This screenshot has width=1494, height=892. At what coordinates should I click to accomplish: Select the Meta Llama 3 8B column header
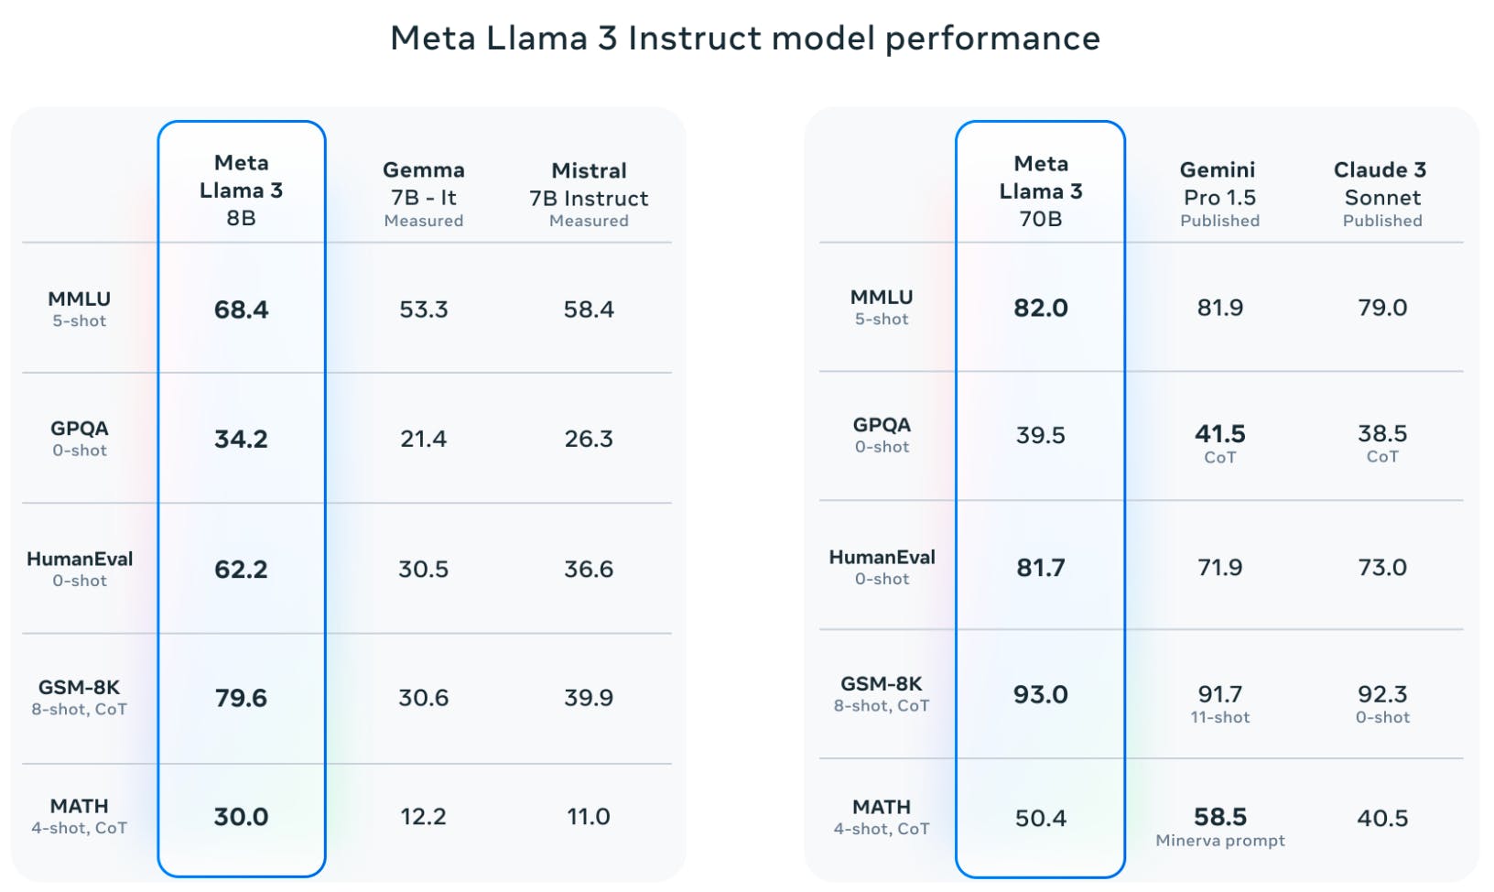pyautogui.click(x=241, y=190)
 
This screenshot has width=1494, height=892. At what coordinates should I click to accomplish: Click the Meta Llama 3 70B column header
pyautogui.click(x=1041, y=191)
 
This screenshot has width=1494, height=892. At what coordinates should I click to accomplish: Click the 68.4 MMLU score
pyautogui.click(x=241, y=310)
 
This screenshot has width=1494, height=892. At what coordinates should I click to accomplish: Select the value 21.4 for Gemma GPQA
pyautogui.click(x=423, y=439)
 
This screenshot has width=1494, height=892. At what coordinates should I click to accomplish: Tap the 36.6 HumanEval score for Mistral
pyautogui.click(x=589, y=569)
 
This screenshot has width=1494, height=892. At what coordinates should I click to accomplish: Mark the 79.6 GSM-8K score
pyautogui.click(x=241, y=698)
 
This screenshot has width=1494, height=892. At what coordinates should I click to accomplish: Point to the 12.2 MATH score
pyautogui.click(x=423, y=816)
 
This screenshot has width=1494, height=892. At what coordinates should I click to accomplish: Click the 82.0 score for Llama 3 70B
pyautogui.click(x=1041, y=308)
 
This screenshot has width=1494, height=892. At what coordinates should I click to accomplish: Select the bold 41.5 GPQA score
pyautogui.click(x=1219, y=433)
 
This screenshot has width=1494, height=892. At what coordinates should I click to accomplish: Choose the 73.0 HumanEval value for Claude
pyautogui.click(x=1381, y=567)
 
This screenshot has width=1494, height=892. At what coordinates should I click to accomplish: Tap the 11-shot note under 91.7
pyautogui.click(x=1219, y=717)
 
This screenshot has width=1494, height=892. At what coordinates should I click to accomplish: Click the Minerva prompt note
pyautogui.click(x=1219, y=840)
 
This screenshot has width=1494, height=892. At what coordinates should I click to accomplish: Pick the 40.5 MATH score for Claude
pyautogui.click(x=1381, y=818)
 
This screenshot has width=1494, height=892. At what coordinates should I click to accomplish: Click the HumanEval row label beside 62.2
pyautogui.click(x=80, y=559)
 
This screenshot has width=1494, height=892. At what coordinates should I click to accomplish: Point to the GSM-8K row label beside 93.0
pyautogui.click(x=881, y=684)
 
